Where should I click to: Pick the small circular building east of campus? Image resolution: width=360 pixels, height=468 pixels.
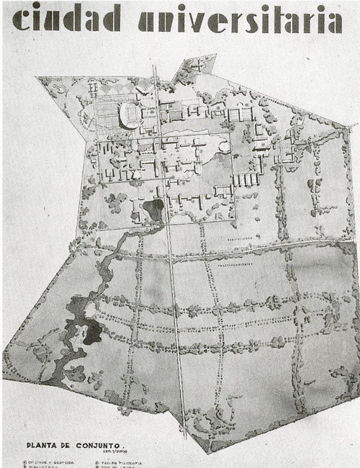tap(225, 148)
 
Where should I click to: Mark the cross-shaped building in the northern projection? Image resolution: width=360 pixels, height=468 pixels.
tap(195, 65)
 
